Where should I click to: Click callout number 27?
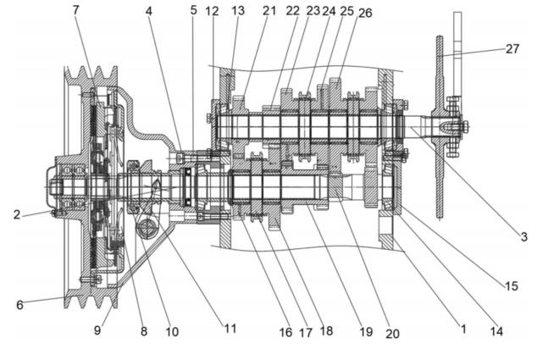point(513,49)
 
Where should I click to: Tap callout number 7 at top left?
point(76,10)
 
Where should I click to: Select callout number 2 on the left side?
point(17,214)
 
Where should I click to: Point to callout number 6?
point(19,305)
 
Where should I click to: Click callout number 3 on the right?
point(524,237)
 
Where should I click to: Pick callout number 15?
point(511,286)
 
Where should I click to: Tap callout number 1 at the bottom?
point(463,329)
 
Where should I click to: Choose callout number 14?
point(496,331)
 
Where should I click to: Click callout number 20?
point(392,334)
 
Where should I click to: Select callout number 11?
point(230,328)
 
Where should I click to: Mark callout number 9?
point(97,330)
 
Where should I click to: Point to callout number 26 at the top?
point(365,13)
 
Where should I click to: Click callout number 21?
point(269,11)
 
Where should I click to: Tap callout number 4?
point(148,11)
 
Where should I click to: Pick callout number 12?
point(212,11)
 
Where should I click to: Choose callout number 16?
point(285,332)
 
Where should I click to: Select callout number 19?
point(366,332)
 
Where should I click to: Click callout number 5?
point(194,10)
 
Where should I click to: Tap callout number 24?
point(329,11)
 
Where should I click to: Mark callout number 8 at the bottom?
point(144,331)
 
